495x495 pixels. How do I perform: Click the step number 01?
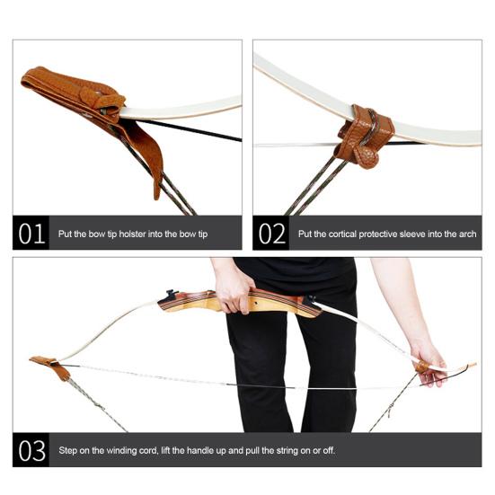31,234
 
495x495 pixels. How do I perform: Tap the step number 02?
271,234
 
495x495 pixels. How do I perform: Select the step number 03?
32,449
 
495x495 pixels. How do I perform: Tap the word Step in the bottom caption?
70,449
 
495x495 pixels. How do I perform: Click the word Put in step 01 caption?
66,234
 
